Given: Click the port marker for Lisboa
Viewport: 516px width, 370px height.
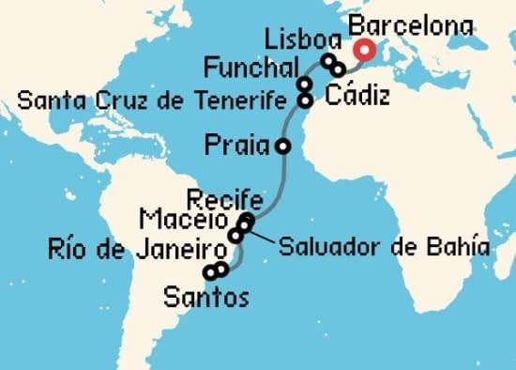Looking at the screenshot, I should pos(328,61).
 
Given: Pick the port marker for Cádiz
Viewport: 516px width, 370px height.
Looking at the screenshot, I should pos(339,69).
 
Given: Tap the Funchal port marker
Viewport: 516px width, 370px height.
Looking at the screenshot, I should pos(305,85).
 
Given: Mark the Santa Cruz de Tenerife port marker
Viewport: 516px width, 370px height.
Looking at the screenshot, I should pos(305,99).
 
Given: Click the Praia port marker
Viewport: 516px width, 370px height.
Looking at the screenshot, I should pos(282,146).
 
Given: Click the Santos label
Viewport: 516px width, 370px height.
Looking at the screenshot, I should pos(206,299).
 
